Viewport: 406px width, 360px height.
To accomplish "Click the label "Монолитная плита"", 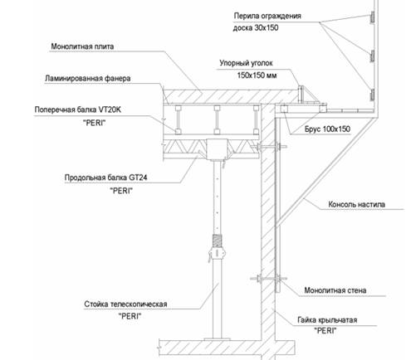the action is pyautogui.click(x=82, y=46).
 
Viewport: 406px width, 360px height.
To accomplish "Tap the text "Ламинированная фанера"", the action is pyautogui.click(x=87, y=79).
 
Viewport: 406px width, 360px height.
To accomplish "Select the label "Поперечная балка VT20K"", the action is pyautogui.click(x=78, y=109).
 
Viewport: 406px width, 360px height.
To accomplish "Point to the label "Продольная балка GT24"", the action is pyautogui.click(x=105, y=178).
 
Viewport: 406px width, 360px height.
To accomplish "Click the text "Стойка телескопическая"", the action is pyautogui.click(x=125, y=304).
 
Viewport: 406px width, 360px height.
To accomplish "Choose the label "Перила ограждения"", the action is pyautogui.click(x=267, y=16).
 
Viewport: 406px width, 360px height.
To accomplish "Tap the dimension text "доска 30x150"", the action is pyautogui.click(x=256, y=28).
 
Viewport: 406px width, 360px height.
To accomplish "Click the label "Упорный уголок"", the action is pyautogui.click(x=246, y=63).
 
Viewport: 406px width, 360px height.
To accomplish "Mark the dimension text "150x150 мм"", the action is pyautogui.click(x=257, y=75).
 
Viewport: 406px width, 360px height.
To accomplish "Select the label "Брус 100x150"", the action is pyautogui.click(x=327, y=129).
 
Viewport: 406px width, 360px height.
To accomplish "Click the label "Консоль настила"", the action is pyautogui.click(x=356, y=205).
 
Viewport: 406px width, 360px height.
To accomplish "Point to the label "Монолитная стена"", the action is pyautogui.click(x=335, y=290).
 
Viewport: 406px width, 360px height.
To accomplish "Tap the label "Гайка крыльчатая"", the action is pyautogui.click(x=327, y=320).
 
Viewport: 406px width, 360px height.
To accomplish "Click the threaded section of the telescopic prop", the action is pyautogui.click(x=218, y=241).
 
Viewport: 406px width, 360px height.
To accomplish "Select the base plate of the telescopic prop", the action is pyautogui.click(x=218, y=339).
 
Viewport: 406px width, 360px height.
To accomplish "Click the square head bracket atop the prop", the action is pyautogui.click(x=218, y=148).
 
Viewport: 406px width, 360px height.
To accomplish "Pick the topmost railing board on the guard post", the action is pyautogui.click(x=372, y=17).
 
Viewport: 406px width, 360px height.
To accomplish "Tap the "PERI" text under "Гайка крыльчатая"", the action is pyautogui.click(x=325, y=330).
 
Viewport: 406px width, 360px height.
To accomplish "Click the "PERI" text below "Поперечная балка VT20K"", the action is pyautogui.click(x=95, y=123).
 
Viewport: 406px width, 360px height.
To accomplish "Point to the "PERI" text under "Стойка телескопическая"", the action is pyautogui.click(x=130, y=316).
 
